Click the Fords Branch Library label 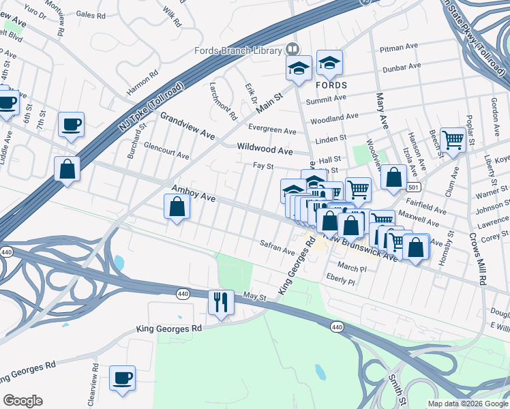point(238,50)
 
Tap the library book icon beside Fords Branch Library point(292,49)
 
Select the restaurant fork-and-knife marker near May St point(221,302)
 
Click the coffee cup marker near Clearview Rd point(123,378)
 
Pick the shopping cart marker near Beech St point(453,140)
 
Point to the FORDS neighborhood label point(331,85)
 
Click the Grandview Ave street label point(187,126)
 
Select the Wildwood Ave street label point(265,149)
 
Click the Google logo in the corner point(22,401)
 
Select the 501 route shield point(413,186)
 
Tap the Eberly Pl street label point(342,280)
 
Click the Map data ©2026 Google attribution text point(468,404)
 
